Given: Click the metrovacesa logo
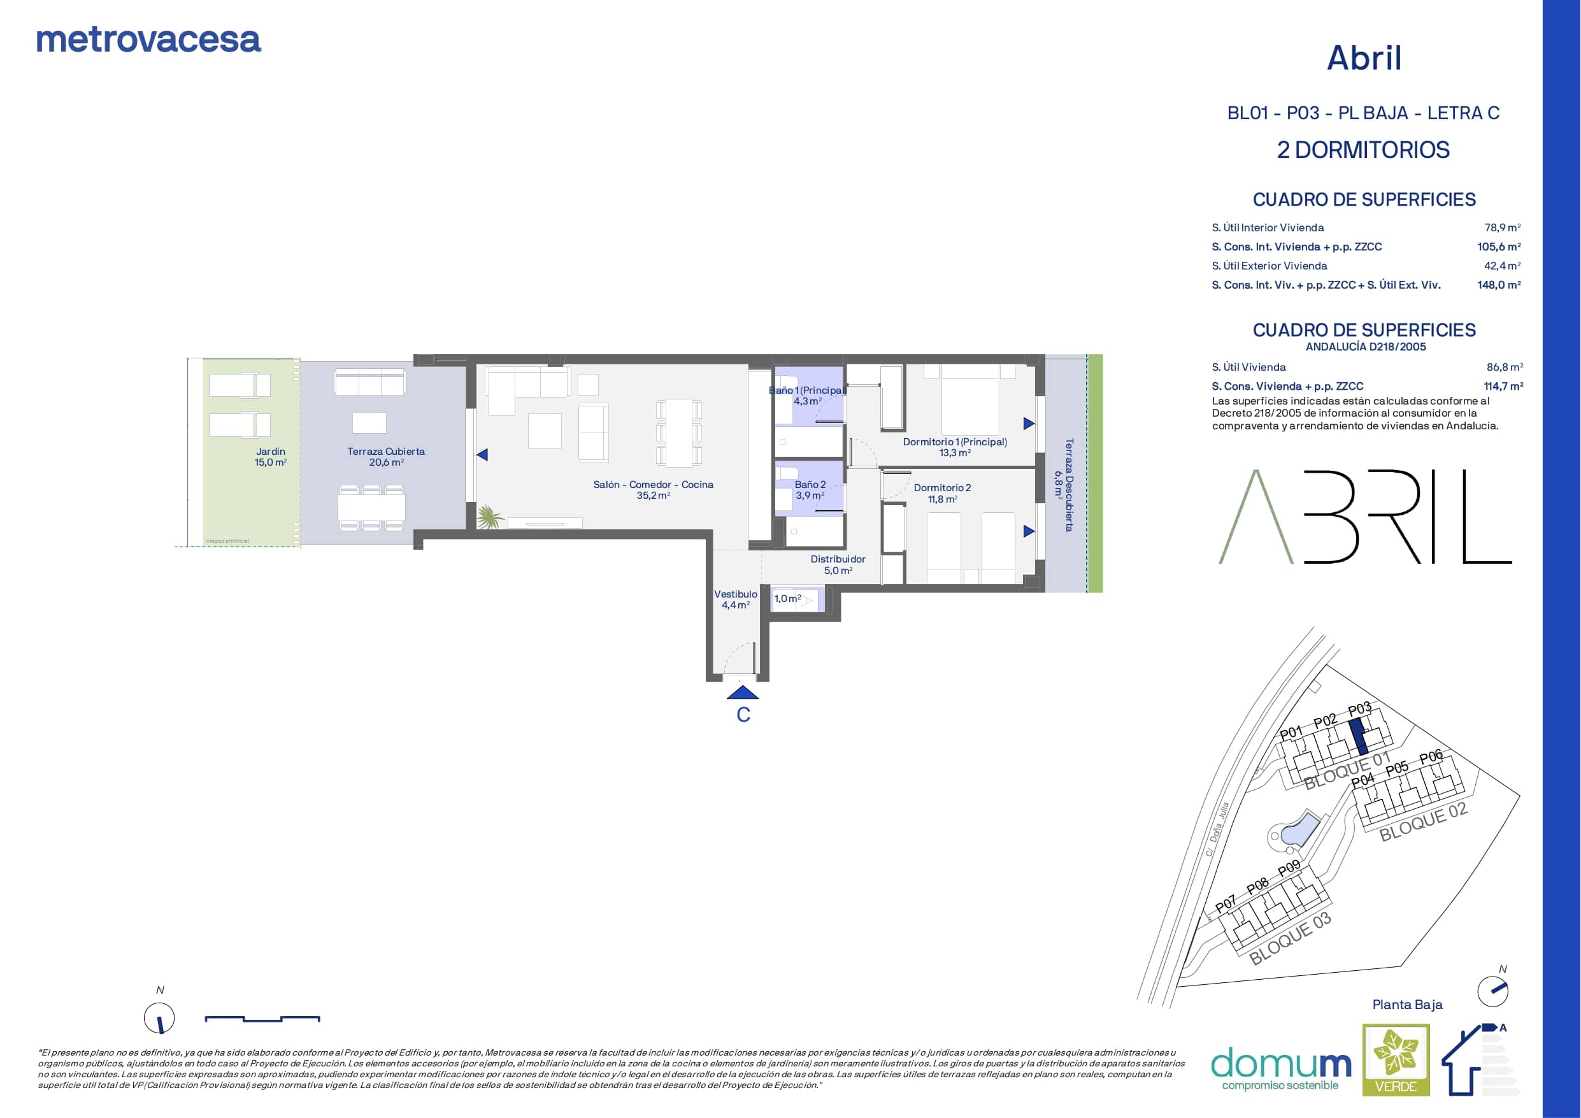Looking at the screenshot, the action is [x=148, y=40].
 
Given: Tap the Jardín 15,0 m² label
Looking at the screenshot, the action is [x=271, y=457].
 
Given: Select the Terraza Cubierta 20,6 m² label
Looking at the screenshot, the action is [x=385, y=457].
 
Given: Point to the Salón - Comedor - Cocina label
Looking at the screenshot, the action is [x=653, y=484].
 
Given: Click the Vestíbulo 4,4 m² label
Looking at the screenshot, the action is [x=736, y=599].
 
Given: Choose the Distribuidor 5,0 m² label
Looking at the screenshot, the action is [x=838, y=565].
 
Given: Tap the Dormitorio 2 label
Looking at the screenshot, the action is [x=942, y=488].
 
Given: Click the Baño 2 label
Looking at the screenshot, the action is [x=810, y=484].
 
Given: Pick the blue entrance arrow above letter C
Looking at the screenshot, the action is [x=742, y=692].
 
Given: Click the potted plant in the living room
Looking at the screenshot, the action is [x=490, y=517].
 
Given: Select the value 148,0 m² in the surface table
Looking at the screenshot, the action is [x=1498, y=285].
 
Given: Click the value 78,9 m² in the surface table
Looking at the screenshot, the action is [x=1502, y=227].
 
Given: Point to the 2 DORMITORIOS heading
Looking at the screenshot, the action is [x=1363, y=150].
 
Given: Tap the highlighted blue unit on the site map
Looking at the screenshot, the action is [x=1358, y=736].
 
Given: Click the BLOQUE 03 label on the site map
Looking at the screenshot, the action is [x=1290, y=938].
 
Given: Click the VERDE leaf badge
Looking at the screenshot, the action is [x=1396, y=1059].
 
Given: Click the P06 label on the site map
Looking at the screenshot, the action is [x=1431, y=756].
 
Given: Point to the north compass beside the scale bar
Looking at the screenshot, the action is [x=159, y=1017].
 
